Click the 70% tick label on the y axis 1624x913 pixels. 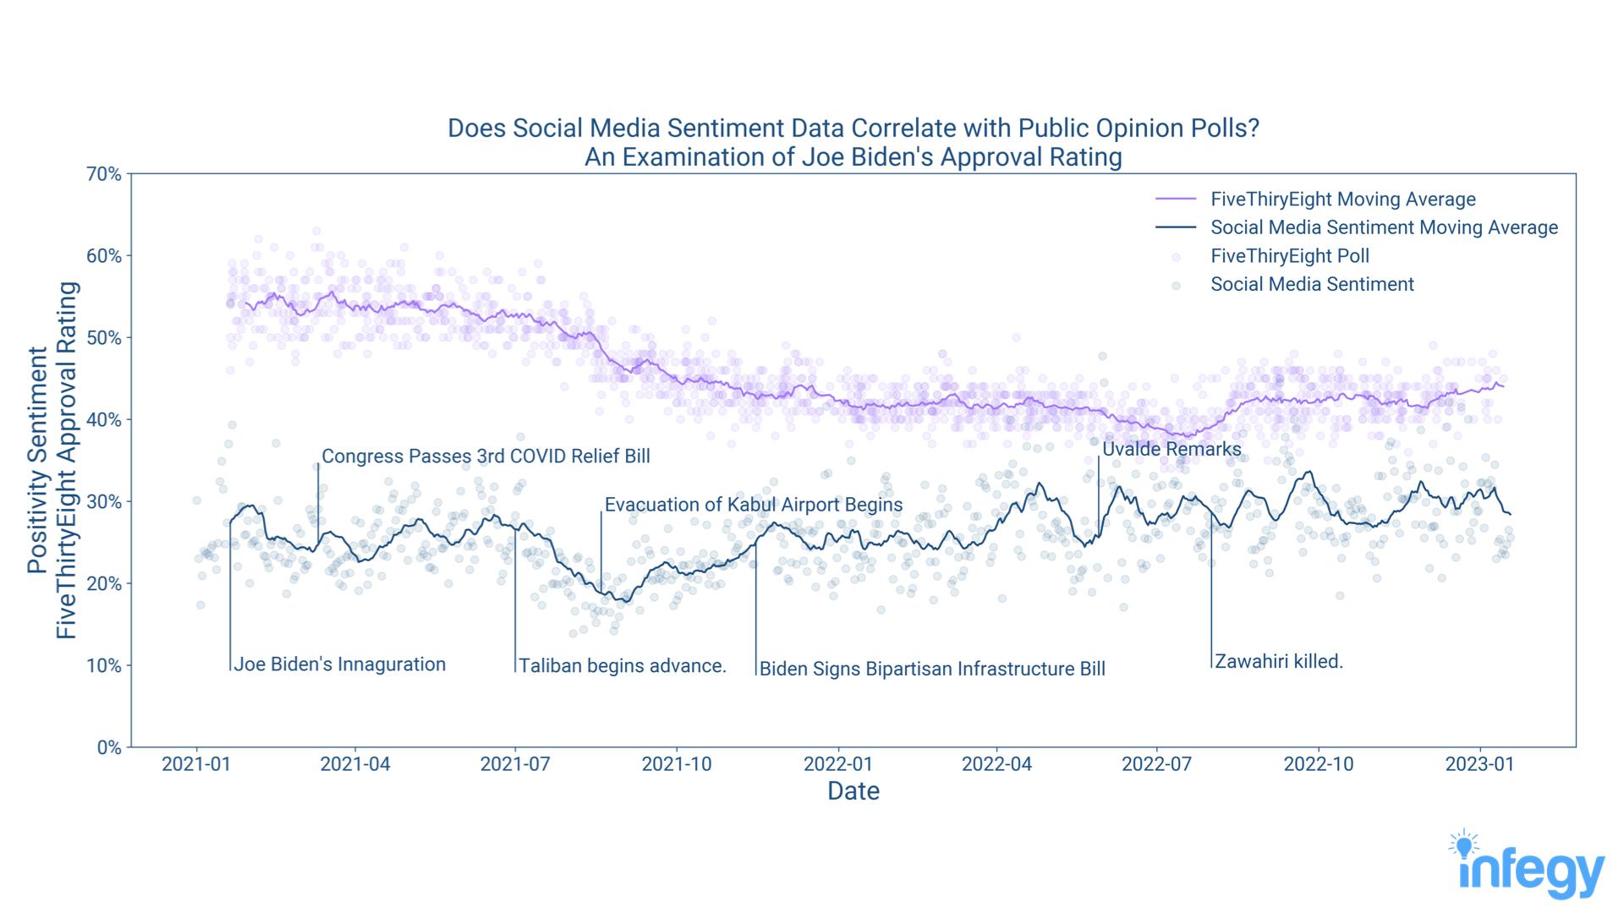tap(104, 174)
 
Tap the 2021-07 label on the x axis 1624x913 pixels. tap(515, 764)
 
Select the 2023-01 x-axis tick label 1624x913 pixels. tap(1479, 764)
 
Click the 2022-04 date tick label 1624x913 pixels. tap(997, 764)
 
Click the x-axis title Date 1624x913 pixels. tap(853, 791)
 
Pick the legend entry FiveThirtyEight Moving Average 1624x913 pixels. tap(1342, 200)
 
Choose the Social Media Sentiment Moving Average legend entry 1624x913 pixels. tap(1384, 227)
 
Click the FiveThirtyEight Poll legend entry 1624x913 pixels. tap(1289, 256)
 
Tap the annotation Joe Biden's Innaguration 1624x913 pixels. tap(339, 664)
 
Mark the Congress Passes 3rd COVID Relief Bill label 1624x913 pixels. tap(486, 456)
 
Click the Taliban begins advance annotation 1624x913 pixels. tap(623, 666)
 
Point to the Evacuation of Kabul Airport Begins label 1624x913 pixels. tap(753, 505)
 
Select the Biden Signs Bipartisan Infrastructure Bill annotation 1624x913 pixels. tap(932, 670)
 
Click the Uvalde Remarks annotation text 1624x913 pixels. tap(1171, 449)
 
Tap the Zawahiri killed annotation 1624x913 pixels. tap(1279, 661)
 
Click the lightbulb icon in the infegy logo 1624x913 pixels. tap(1464, 845)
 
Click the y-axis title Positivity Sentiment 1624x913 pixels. tap(37, 461)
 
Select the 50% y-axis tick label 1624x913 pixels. tap(104, 338)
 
